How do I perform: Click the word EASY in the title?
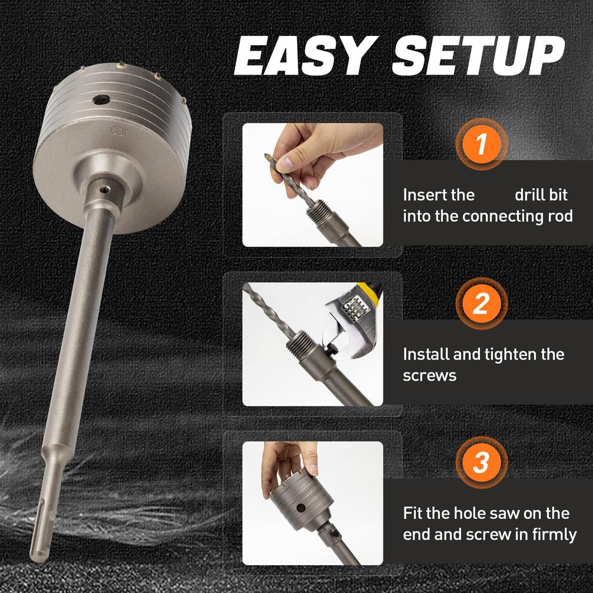(301, 56)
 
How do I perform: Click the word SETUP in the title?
(478, 56)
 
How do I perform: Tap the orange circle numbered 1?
(481, 144)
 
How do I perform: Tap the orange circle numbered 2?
(481, 303)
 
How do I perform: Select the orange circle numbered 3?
(481, 463)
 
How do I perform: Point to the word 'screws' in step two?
(430, 375)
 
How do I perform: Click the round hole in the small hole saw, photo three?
(301, 509)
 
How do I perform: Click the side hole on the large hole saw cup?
(105, 99)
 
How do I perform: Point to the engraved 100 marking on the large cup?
(118, 131)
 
